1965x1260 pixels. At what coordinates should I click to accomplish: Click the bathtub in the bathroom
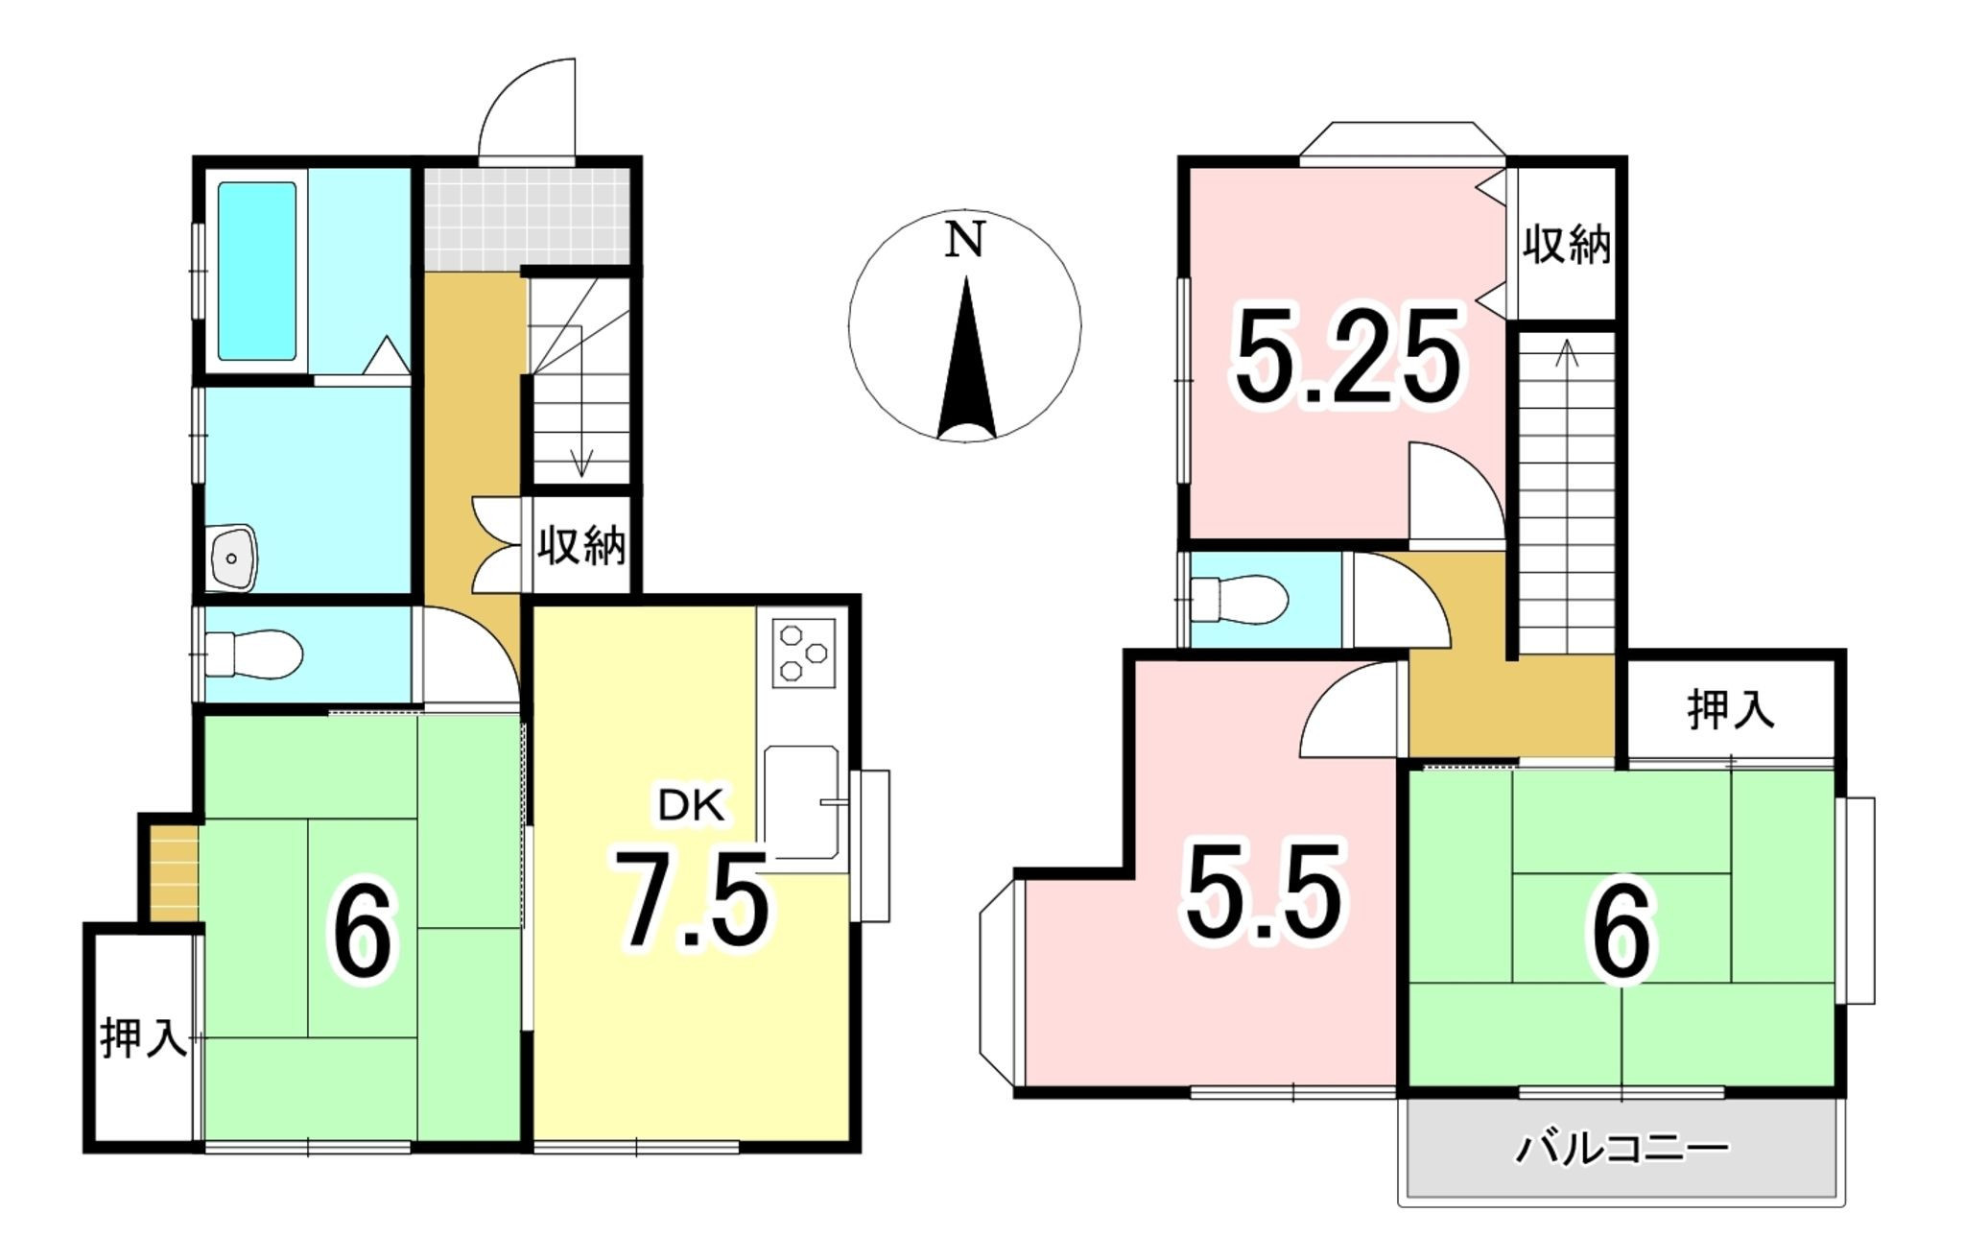point(256,271)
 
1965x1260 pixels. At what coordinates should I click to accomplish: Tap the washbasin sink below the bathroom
point(232,556)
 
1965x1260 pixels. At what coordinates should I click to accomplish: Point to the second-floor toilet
point(1238,601)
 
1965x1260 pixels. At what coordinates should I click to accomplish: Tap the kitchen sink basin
point(801,802)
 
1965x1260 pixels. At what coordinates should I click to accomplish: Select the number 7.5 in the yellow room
point(691,898)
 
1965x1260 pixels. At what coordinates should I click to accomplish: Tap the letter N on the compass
point(964,240)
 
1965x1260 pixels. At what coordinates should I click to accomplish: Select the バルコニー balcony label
point(1622,1149)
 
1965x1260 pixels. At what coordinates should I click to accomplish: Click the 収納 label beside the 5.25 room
point(1566,246)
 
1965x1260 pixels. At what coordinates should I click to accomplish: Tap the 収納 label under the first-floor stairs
point(580,545)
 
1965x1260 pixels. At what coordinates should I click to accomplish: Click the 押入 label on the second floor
point(1731,710)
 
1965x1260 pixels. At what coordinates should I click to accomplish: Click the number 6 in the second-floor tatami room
point(1622,933)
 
